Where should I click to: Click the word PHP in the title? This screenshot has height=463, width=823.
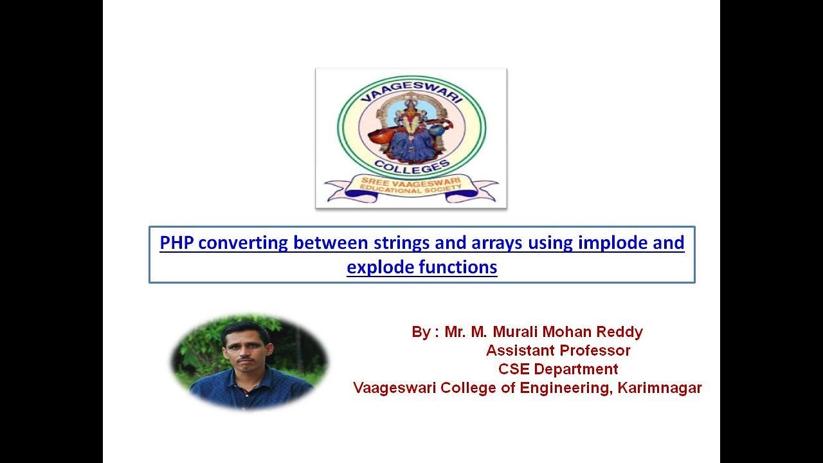tap(176, 243)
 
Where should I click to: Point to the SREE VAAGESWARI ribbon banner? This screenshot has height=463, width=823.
tap(411, 188)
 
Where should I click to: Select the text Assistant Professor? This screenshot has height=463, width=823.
tap(558, 350)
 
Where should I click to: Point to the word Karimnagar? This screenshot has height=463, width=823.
tap(660, 388)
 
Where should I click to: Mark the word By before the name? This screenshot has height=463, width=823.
tap(421, 332)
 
